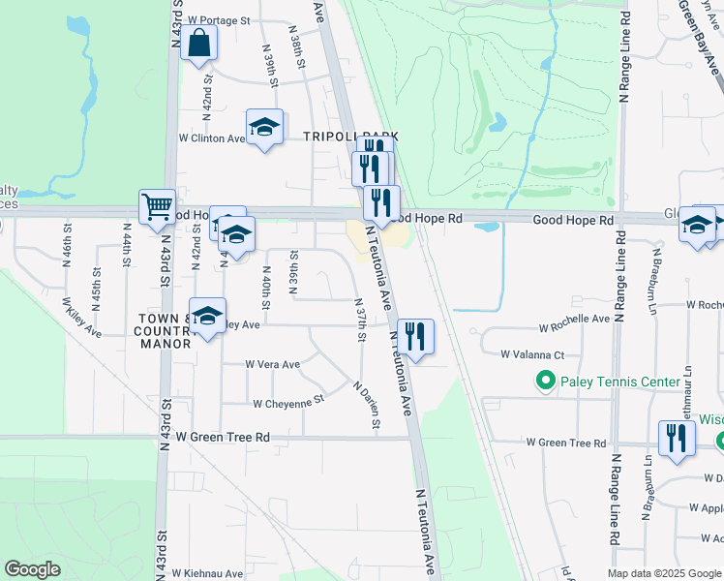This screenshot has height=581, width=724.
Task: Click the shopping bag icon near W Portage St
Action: coord(198,44)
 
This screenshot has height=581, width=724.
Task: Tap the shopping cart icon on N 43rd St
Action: coord(157,206)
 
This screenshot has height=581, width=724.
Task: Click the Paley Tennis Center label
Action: coord(620,382)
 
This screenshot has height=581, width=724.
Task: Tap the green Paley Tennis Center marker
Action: coord(545,382)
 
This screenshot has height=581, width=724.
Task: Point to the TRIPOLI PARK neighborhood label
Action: coord(351,138)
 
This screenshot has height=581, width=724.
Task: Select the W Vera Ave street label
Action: coord(272,365)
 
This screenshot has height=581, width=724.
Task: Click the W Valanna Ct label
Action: coord(532,355)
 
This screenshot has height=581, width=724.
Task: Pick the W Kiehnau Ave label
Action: coord(207,574)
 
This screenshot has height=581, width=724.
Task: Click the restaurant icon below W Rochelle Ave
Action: coord(414,337)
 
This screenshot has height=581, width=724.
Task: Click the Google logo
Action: coord(33,569)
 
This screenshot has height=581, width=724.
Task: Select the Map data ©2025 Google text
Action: coord(663,574)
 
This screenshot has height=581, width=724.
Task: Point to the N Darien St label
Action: coord(368,405)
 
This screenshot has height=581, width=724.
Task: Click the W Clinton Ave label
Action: coord(212,138)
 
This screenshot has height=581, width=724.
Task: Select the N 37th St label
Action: coord(360,319)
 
